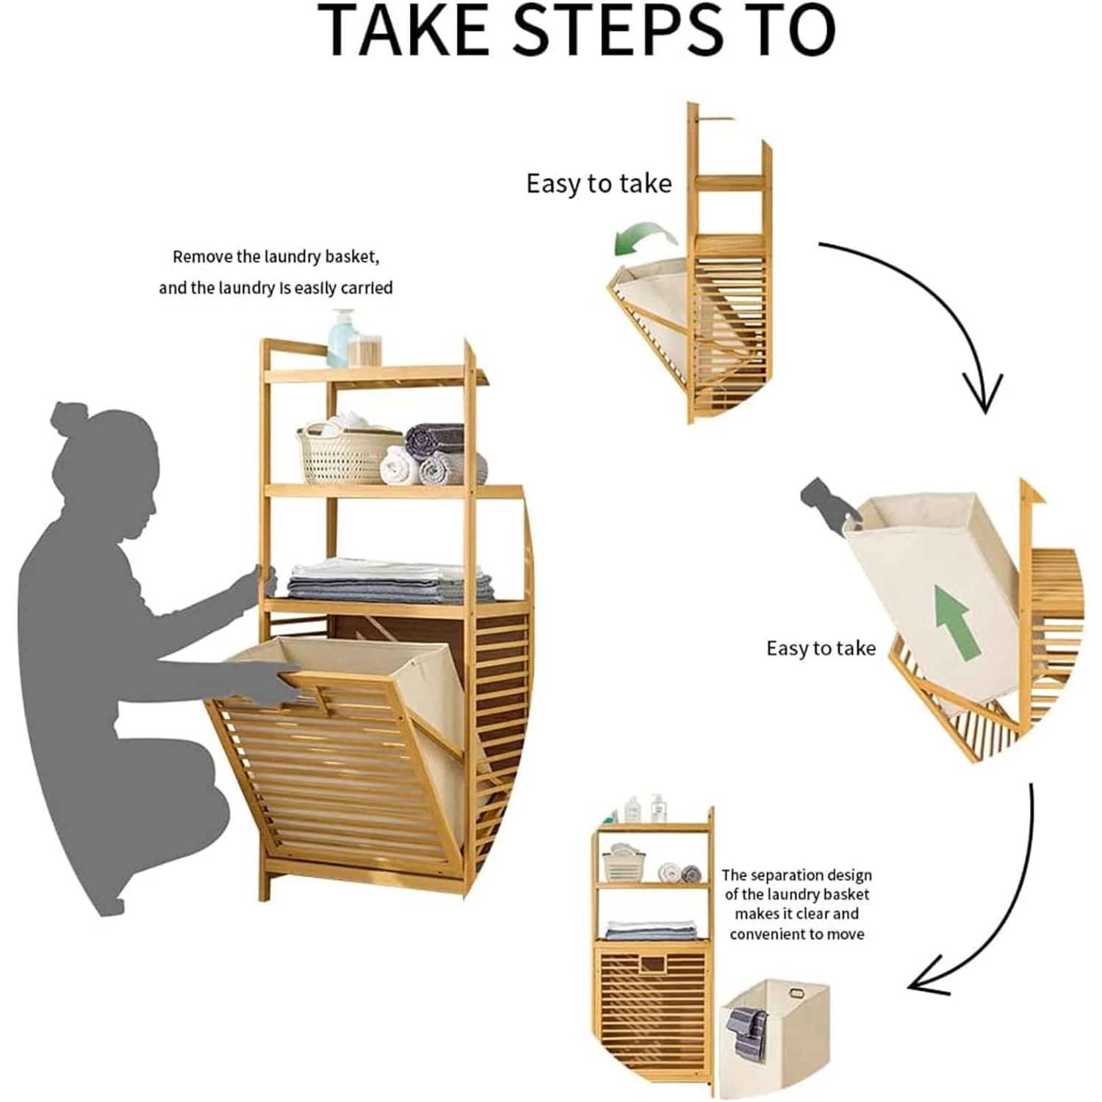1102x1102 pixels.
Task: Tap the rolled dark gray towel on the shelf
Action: pyautogui.click(x=435, y=439)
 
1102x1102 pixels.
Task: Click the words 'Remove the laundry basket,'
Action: pyautogui.click(x=275, y=257)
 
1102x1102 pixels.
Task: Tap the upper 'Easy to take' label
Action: pyautogui.click(x=599, y=184)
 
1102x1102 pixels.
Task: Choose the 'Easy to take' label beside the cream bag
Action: pyautogui.click(x=821, y=648)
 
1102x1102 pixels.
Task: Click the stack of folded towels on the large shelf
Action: pyautogui.click(x=389, y=582)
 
